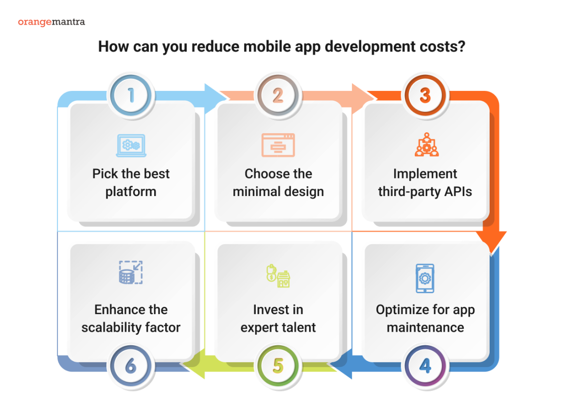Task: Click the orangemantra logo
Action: tap(51, 22)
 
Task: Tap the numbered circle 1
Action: tap(131, 95)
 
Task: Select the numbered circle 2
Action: tap(278, 95)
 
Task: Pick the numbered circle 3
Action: tap(425, 95)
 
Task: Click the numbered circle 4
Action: tap(425, 366)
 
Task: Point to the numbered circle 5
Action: tap(278, 366)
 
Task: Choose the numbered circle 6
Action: tap(131, 366)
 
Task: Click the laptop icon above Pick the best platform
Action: tap(131, 145)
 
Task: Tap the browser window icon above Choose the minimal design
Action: tap(278, 145)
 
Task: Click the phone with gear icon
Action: tap(425, 279)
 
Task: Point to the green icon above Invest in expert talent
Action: tap(278, 276)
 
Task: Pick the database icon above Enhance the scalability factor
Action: tap(131, 272)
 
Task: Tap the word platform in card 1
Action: tap(131, 192)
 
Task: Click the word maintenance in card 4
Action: tap(425, 327)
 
